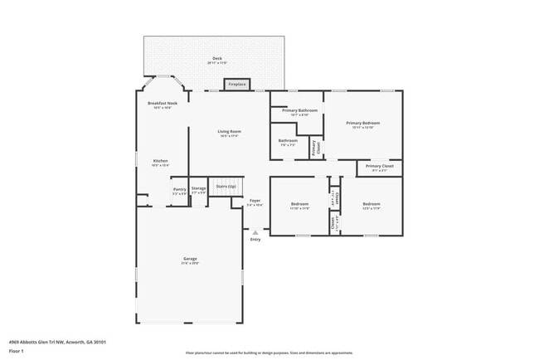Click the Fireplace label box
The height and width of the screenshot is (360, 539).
point(238,84)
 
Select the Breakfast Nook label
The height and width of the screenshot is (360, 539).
point(159,105)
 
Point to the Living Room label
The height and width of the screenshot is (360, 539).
point(229,134)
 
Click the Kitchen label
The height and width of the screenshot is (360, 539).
point(160,163)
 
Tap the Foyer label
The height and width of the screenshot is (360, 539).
point(255,202)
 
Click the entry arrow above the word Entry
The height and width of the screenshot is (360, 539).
point(255,232)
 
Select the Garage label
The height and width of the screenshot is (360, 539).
point(190,260)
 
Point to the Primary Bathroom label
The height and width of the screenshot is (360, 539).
point(299,112)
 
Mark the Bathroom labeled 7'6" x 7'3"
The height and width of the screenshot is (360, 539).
point(288,142)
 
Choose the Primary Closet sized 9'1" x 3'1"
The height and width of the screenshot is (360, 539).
point(379,168)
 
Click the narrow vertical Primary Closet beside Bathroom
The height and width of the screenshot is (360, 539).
point(315,148)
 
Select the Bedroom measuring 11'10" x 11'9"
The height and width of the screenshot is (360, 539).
point(299,205)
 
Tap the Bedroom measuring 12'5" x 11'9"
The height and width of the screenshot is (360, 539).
point(371,205)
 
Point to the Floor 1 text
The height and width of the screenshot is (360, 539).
point(17,351)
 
